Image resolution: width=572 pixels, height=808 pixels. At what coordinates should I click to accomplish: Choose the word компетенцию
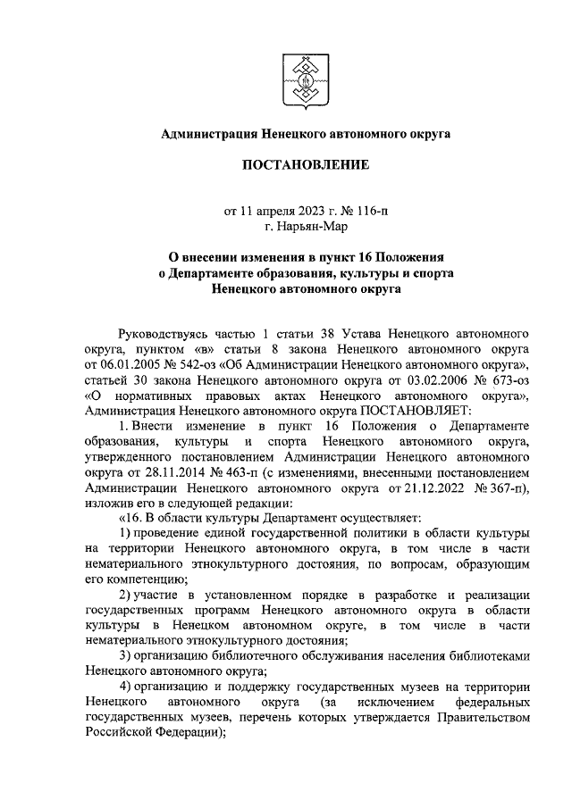[147, 579]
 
